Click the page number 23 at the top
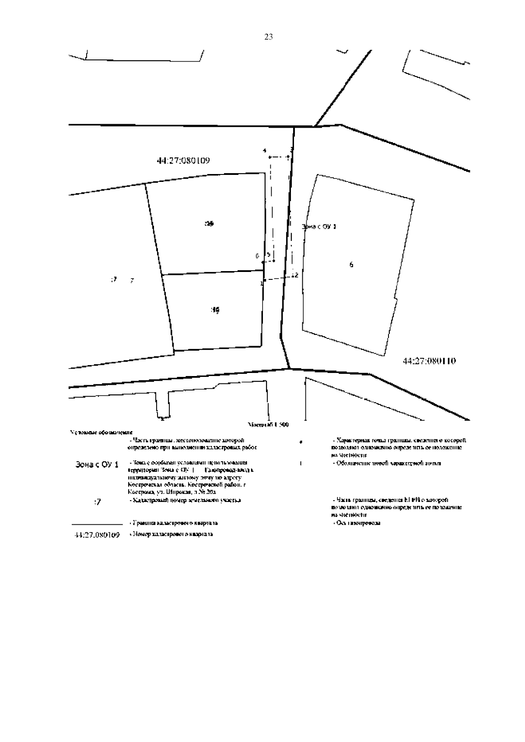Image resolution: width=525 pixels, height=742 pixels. (x=269, y=37)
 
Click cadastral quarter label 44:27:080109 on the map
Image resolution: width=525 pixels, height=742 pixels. (x=183, y=160)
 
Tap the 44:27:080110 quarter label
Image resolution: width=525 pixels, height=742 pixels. (x=429, y=361)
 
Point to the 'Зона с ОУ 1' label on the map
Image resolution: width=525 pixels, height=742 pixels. (x=319, y=226)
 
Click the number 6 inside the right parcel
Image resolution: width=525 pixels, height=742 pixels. (x=351, y=265)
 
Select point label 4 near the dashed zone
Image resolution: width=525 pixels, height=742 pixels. (x=264, y=151)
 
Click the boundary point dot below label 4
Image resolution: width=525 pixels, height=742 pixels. (x=270, y=157)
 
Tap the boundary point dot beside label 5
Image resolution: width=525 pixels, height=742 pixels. (x=273, y=261)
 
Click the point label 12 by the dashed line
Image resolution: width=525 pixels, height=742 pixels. (x=294, y=275)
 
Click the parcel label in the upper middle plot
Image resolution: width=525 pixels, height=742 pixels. (x=210, y=223)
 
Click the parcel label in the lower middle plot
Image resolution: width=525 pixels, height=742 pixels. (x=215, y=310)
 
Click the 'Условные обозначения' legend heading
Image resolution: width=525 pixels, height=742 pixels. (x=101, y=432)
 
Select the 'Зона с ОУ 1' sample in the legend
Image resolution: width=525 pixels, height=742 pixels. (x=97, y=465)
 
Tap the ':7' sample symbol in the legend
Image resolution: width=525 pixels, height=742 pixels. (x=97, y=502)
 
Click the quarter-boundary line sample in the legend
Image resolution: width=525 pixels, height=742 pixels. (x=97, y=523)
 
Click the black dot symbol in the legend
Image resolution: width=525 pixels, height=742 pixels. (x=301, y=443)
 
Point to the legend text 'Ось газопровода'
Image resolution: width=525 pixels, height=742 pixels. (x=357, y=523)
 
